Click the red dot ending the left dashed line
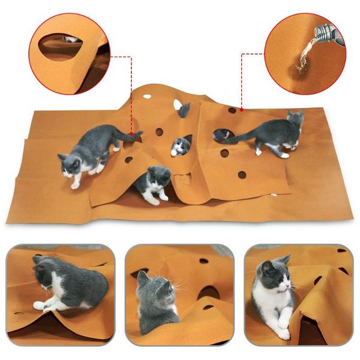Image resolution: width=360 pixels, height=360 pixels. point(131,133)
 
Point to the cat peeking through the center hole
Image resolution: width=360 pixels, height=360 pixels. point(181,146)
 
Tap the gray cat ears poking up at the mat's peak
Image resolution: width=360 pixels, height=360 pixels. point(184,109)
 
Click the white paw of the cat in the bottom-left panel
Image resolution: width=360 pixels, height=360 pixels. point(40,305)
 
